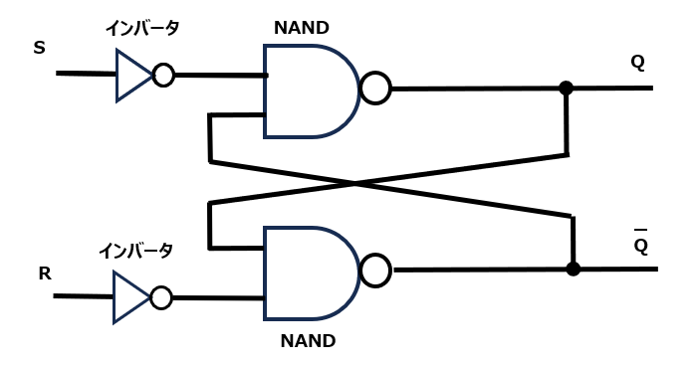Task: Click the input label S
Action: point(40,48)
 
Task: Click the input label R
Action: point(45,274)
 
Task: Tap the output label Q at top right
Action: point(637,62)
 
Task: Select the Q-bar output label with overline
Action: point(640,243)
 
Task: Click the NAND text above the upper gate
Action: point(301,28)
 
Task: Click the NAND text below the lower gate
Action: point(308,341)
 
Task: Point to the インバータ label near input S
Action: point(142,28)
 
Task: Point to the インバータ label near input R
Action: point(135,251)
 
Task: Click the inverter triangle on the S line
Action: point(131,75)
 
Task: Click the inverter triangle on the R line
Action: point(128,297)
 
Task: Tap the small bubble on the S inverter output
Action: point(163,76)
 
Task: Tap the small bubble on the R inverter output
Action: point(160,297)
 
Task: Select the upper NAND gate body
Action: point(306,91)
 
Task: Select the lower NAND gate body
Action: point(306,273)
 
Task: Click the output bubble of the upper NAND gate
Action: point(375,89)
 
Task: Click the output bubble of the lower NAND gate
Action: point(376,270)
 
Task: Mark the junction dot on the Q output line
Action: point(566,89)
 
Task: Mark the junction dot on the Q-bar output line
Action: point(573,269)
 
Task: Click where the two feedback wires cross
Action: point(355,183)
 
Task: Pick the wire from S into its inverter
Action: point(86,74)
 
